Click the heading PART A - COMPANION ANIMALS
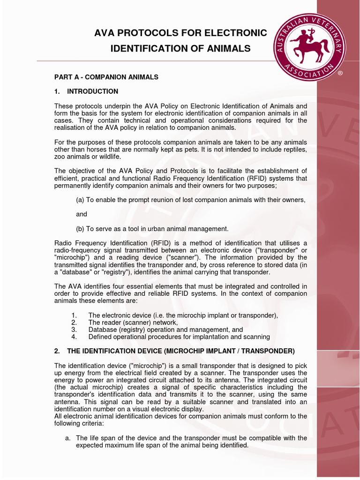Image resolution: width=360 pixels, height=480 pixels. (106, 76)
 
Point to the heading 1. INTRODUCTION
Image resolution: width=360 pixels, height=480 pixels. (86, 91)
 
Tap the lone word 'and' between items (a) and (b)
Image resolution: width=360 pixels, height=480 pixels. (82, 214)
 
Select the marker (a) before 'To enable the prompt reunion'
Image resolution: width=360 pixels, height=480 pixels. (80, 200)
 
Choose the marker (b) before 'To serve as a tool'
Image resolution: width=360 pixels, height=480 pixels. (80, 229)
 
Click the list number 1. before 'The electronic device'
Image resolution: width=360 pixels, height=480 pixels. (74, 315)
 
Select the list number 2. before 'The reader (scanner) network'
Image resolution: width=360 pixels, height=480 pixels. (74, 322)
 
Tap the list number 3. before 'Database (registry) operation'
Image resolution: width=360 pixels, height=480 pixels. (74, 330)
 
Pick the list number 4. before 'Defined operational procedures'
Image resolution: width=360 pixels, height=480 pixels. (74, 337)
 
